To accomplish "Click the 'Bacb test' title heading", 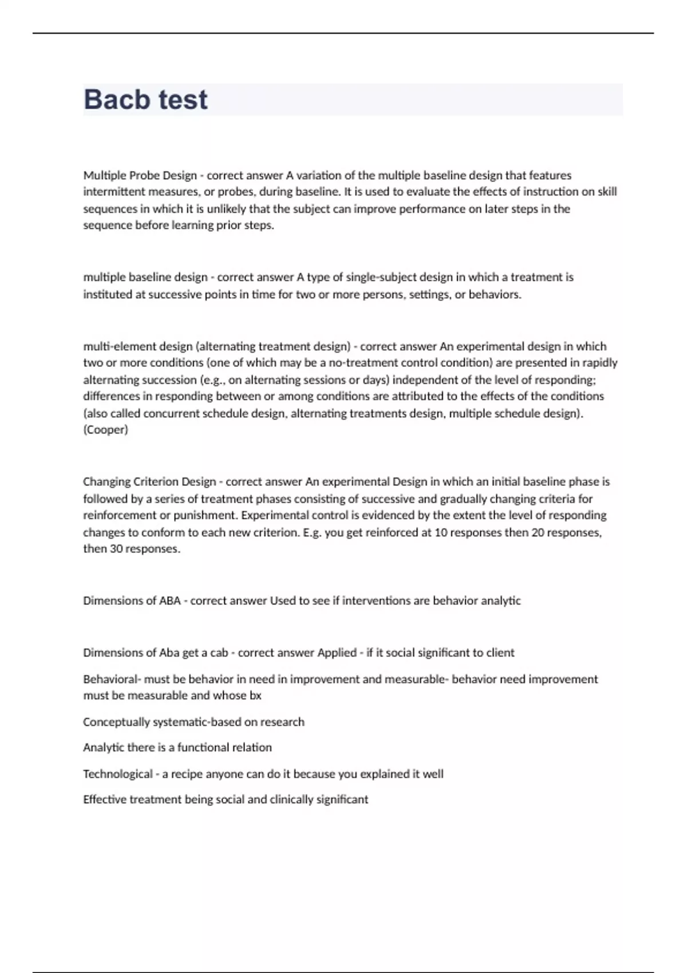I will [x=145, y=100].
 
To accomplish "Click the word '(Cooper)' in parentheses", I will [x=105, y=430].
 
